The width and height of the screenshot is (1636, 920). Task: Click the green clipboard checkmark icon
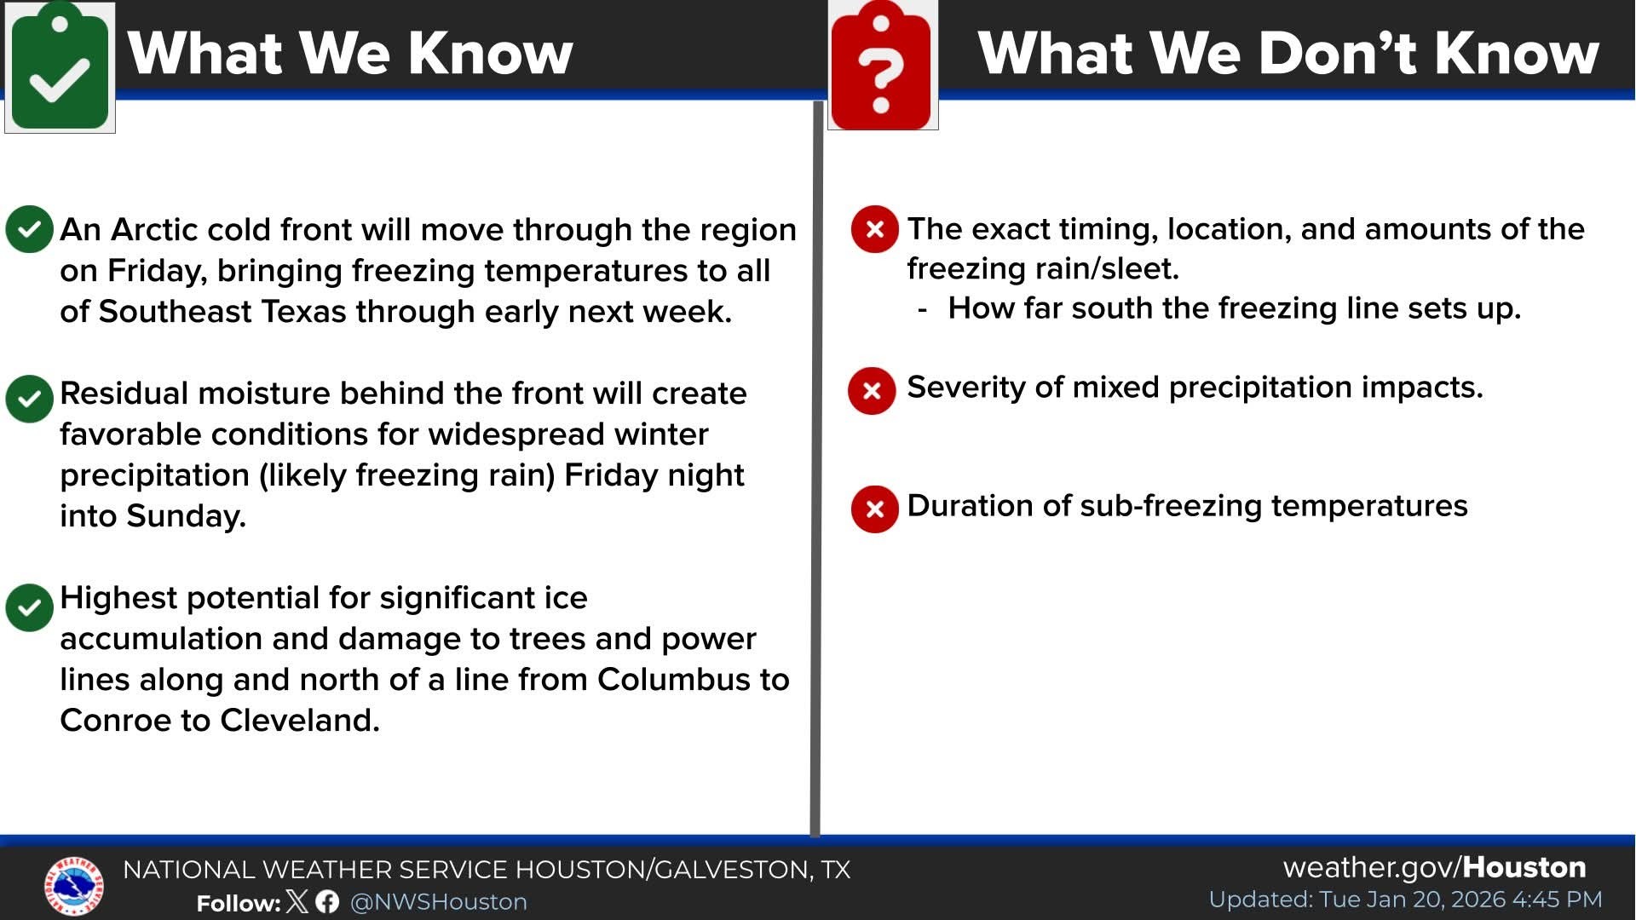click(x=60, y=66)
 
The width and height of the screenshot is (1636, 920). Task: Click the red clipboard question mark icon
click(x=882, y=66)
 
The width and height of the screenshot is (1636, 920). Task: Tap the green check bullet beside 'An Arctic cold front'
click(x=29, y=229)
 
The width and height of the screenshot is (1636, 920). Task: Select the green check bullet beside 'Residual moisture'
click(x=29, y=399)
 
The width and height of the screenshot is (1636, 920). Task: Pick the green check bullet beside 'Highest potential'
click(x=29, y=607)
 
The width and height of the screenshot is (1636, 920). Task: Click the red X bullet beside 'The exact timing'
click(x=874, y=229)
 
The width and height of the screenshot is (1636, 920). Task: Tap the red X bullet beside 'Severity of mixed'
click(x=872, y=391)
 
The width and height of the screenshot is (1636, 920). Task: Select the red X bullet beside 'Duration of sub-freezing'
click(x=874, y=509)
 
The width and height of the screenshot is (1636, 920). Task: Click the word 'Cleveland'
click(x=299, y=720)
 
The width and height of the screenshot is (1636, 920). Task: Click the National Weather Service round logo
click(x=74, y=886)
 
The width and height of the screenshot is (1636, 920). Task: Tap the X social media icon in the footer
click(x=297, y=901)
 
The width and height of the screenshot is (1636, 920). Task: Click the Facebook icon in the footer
click(x=327, y=901)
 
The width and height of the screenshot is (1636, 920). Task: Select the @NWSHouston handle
click(x=439, y=902)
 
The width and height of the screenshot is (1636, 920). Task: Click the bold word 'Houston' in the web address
click(x=1524, y=867)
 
